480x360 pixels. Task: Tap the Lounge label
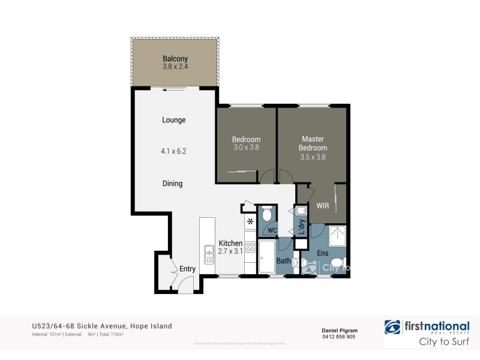(174, 120)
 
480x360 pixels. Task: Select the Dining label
(172, 184)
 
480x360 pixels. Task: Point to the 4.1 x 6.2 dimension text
(174, 152)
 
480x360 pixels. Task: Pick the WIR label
(323, 206)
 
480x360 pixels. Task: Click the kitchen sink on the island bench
(209, 254)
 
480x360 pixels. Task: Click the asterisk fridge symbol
(250, 223)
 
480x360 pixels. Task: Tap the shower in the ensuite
(337, 237)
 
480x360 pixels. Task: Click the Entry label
(187, 269)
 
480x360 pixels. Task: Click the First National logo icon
(394, 327)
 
